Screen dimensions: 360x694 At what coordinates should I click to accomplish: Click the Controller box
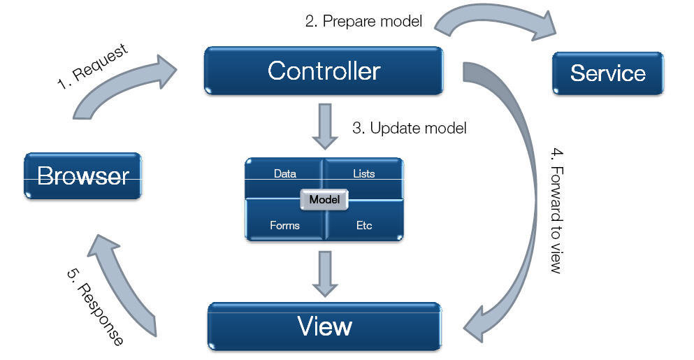pos(324,71)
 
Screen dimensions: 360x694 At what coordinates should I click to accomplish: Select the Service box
pos(607,73)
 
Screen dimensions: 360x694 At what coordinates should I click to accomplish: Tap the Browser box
pos(82,175)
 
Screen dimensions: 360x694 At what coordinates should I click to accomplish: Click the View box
pos(324,326)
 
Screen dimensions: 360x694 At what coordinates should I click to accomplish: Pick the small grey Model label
pos(324,200)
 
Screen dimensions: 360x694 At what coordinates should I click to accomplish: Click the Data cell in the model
pos(284,174)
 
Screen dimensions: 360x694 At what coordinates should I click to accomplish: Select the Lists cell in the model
pos(363,174)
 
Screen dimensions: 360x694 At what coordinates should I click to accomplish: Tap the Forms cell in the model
pos(284,225)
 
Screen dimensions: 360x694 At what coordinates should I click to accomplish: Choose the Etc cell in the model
pos(363,225)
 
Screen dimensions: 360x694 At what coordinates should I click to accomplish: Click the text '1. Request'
pos(92,67)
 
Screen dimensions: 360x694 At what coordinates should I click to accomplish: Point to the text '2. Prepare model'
pos(363,22)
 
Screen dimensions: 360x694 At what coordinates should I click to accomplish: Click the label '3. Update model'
pos(409,129)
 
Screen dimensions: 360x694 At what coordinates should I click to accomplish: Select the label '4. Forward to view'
pos(556,210)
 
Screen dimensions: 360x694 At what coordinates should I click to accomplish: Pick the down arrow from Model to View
pos(324,273)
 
